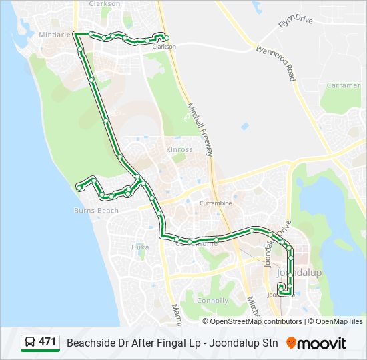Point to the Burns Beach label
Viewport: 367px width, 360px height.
96,211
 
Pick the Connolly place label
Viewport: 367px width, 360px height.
214,301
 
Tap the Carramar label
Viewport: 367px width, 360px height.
344,85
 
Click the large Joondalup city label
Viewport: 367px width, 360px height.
299,273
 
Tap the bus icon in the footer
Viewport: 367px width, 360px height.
30,343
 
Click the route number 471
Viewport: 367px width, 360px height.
47,342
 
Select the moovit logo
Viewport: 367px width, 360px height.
316,343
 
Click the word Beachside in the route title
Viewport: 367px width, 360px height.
89,343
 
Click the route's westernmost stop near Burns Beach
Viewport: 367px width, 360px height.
79,188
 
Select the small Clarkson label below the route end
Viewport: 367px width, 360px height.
163,47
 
